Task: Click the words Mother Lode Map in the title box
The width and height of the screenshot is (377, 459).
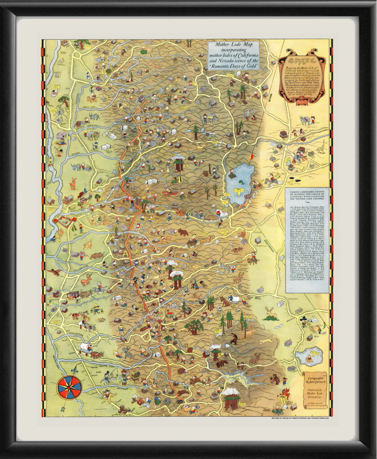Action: (x=231, y=45)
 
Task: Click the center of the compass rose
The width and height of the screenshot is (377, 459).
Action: (x=70, y=387)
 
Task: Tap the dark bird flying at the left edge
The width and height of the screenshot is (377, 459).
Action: (x=55, y=272)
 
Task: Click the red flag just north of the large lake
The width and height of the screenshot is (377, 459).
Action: (x=252, y=156)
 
